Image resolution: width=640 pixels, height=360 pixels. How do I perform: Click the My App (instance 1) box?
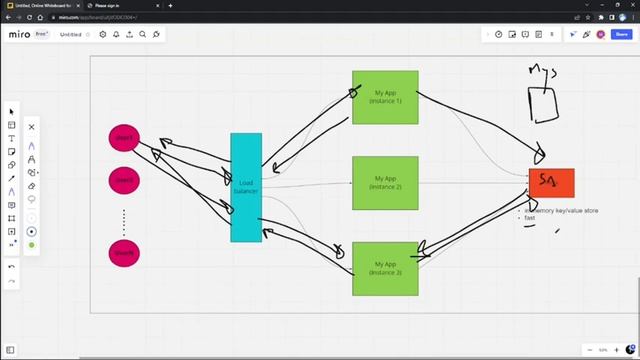point(385,97)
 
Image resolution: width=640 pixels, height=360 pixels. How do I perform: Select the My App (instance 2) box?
point(385,183)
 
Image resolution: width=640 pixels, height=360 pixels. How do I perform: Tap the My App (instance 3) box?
point(385,268)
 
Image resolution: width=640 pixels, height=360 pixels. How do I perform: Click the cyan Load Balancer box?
point(246,187)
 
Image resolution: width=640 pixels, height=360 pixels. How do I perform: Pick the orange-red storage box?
point(551,183)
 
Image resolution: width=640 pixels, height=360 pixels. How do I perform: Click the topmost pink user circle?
point(124,138)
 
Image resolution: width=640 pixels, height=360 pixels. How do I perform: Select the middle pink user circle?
point(124,181)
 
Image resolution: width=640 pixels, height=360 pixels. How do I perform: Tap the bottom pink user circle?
point(124,253)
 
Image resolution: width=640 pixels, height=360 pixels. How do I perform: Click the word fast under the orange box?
point(530,218)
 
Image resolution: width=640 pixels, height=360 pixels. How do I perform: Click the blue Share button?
point(621,34)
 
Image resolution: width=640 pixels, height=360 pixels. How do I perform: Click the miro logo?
point(19,34)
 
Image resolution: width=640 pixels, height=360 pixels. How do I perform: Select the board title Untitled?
point(71,34)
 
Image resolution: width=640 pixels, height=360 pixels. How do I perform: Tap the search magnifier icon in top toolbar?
point(143,34)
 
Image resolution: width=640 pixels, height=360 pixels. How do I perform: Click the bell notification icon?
point(116,34)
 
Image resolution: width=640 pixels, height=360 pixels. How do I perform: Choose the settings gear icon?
point(103,34)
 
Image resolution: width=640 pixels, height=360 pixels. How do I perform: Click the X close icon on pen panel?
point(31,127)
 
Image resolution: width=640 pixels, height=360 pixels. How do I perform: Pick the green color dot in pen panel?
point(31,245)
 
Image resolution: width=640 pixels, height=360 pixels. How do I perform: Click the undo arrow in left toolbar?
point(12,267)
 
